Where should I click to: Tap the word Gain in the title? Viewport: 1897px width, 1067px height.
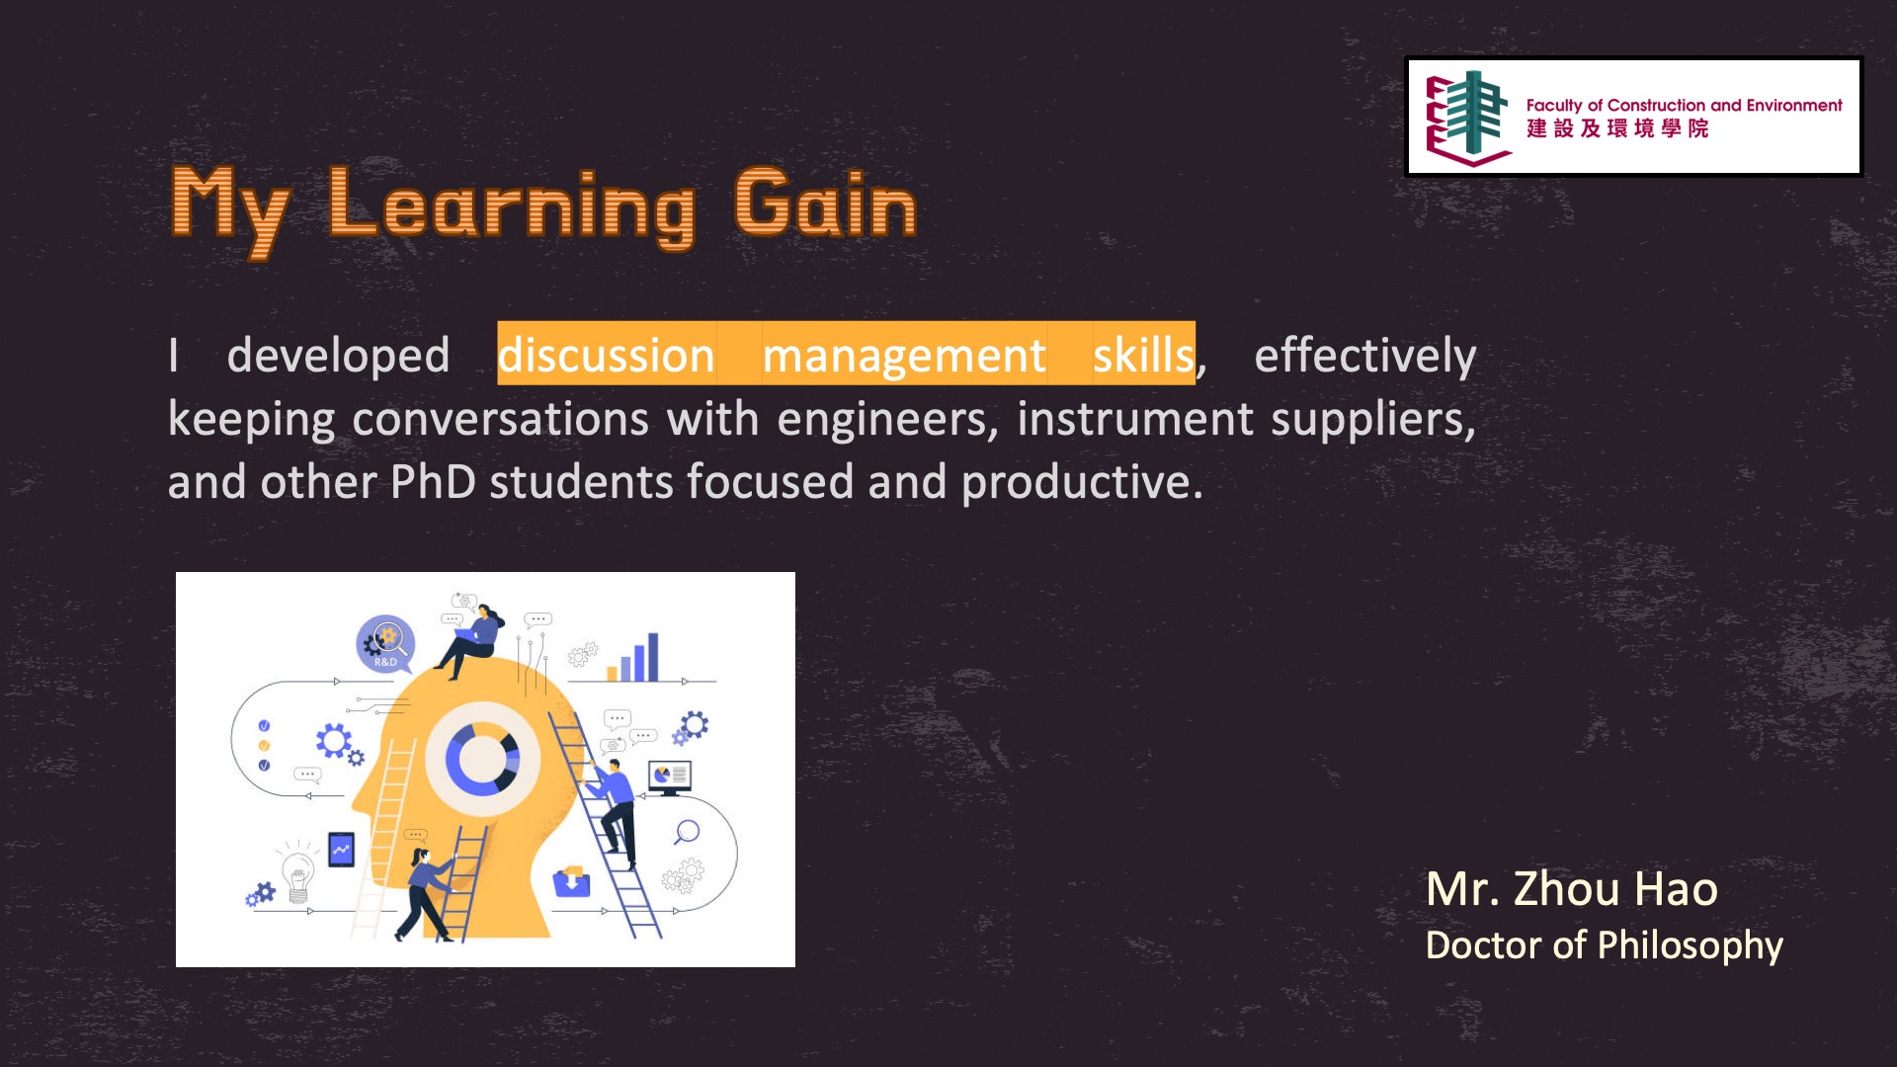coord(826,203)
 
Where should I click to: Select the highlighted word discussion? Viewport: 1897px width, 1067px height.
coord(606,354)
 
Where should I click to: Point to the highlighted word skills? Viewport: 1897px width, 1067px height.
coord(1143,354)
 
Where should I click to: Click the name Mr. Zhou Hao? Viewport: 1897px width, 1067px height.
coord(1571,888)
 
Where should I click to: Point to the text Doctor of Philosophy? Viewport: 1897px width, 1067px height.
coord(1604,945)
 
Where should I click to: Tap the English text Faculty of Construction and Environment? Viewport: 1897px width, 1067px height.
coord(1684,105)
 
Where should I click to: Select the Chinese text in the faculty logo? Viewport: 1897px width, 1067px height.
coord(1616,128)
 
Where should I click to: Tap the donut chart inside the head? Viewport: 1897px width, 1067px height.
coord(482,759)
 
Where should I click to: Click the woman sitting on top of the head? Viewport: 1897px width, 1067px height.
coord(471,641)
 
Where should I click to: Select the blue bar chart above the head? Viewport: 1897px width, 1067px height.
coord(633,657)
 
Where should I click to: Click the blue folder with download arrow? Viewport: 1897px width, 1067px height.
coord(571,881)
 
